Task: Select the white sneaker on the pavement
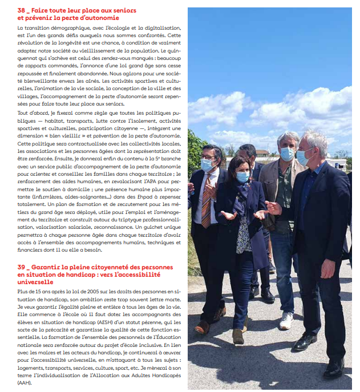coord(286,320)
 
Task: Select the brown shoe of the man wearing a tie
coord(202,328)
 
